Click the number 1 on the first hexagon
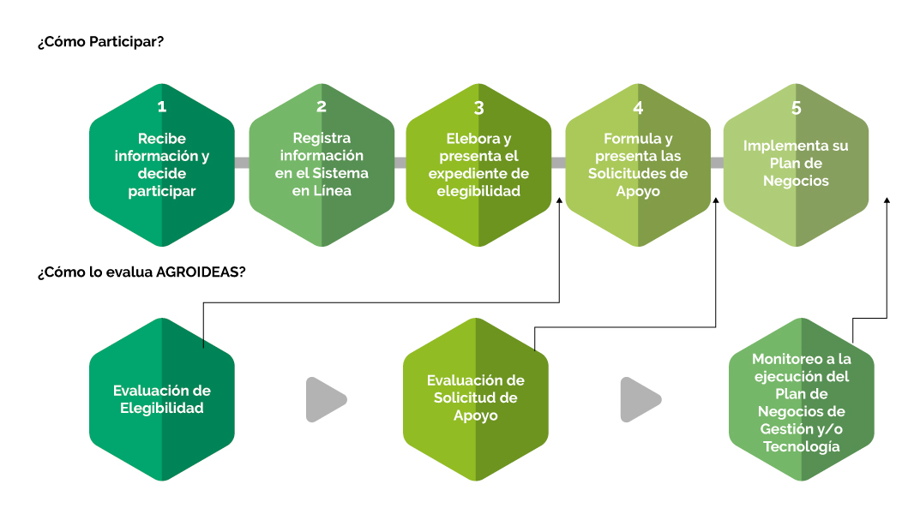pos(162,107)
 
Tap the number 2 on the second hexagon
pos(322,107)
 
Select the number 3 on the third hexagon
pos(478,108)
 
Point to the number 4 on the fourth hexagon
pos(639,108)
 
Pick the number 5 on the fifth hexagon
pos(797,108)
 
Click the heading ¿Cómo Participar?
pos(101,42)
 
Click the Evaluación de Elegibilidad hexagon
pos(162,399)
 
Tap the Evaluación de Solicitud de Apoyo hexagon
pos(476,399)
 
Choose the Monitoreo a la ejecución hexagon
pos(802,399)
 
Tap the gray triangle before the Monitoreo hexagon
pos(640,400)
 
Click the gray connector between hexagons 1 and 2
pos(242,163)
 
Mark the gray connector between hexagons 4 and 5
pos(717,163)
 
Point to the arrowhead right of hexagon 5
pos(887,200)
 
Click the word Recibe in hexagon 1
pos(162,138)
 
